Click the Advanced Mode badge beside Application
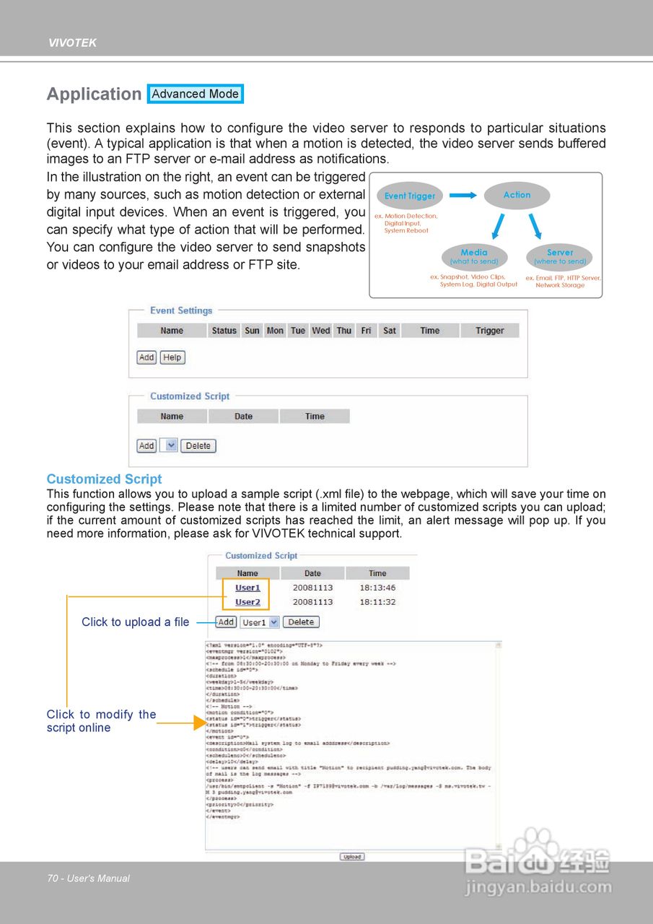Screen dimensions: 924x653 195,94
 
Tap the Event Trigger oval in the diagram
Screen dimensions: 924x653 410,196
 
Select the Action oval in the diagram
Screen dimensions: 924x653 517,195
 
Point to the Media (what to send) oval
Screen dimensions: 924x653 474,256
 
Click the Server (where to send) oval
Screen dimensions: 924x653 560,256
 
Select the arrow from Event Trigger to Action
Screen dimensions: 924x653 463,195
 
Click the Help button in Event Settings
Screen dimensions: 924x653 172,357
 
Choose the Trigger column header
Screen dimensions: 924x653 490,331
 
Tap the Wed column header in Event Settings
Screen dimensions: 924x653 321,331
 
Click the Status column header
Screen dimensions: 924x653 224,331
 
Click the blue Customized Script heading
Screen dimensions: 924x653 104,479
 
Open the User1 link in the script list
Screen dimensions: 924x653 247,588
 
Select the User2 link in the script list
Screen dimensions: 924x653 247,602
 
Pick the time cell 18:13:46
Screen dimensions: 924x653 377,588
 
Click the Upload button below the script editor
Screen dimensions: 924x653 352,857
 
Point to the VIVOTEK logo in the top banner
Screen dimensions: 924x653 72,43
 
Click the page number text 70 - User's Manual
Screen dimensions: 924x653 89,879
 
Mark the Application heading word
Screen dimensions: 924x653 94,94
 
